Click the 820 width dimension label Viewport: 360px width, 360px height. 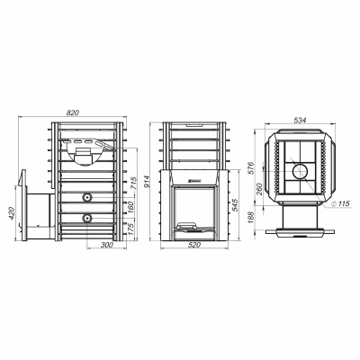[72, 112]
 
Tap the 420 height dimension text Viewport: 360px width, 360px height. [12, 213]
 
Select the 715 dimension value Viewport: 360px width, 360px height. [133, 183]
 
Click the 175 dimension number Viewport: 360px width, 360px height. [131, 229]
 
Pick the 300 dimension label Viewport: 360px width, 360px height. [106, 245]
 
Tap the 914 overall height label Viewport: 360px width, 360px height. [148, 182]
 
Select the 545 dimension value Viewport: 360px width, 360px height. [235, 205]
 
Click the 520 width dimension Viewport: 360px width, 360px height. [194, 245]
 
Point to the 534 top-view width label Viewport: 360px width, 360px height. [300, 120]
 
